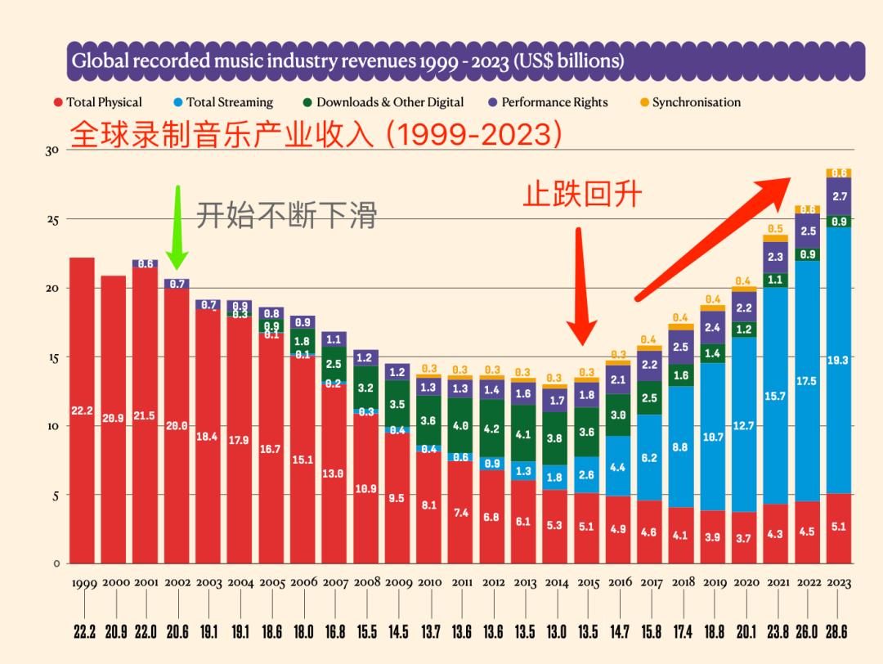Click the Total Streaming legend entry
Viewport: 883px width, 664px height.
tap(223, 102)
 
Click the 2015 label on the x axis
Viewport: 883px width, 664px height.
tap(589, 583)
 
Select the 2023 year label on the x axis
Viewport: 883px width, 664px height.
tap(839, 583)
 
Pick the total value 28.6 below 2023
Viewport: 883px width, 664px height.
tap(839, 632)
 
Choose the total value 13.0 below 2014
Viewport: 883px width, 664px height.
tap(556, 632)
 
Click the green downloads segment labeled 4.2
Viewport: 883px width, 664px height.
tap(492, 428)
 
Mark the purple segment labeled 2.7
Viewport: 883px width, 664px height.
tap(839, 197)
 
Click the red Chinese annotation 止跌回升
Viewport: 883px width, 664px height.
tap(582, 195)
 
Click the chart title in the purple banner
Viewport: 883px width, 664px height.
tap(347, 61)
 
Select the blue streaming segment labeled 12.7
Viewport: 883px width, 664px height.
tap(744, 424)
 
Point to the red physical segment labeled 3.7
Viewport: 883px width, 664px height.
tap(744, 537)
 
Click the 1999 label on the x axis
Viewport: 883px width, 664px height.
tap(84, 583)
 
